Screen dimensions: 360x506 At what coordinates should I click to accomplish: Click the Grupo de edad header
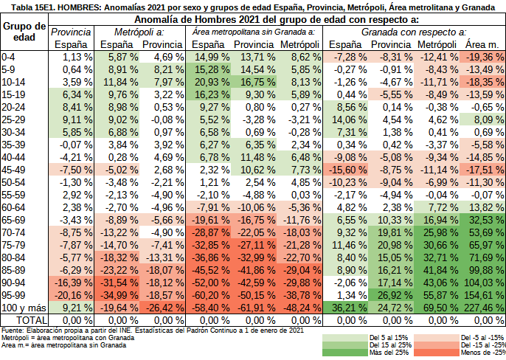click(x=24, y=32)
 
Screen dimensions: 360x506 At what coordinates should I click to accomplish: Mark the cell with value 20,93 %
click(x=208, y=81)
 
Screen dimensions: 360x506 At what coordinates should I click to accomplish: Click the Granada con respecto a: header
click(x=413, y=32)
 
